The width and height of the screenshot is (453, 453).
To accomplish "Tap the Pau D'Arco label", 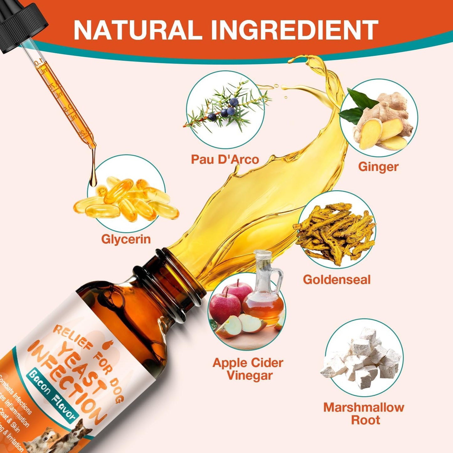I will click(225, 159).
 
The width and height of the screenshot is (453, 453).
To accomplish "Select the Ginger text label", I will click(378, 166).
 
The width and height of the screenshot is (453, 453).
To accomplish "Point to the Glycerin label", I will click(126, 239).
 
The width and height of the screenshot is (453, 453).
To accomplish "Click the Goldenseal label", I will click(337, 279).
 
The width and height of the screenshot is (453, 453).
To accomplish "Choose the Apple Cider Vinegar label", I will click(248, 369).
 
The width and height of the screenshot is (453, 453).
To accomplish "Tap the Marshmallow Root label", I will click(364, 413).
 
